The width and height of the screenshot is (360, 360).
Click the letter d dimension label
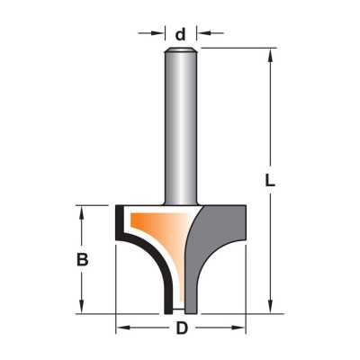point(180,34)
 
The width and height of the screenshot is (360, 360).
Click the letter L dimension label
point(270,180)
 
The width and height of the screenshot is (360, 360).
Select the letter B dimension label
point(82,259)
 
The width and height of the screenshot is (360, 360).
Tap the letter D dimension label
point(182,328)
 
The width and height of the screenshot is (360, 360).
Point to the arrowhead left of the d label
point(159,32)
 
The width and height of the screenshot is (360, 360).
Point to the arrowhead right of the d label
point(202,32)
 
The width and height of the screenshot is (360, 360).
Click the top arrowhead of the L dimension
point(270,55)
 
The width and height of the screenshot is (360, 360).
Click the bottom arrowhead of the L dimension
point(270,307)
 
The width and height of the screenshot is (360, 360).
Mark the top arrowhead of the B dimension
point(81,212)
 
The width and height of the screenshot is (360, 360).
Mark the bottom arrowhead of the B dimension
point(81,307)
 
